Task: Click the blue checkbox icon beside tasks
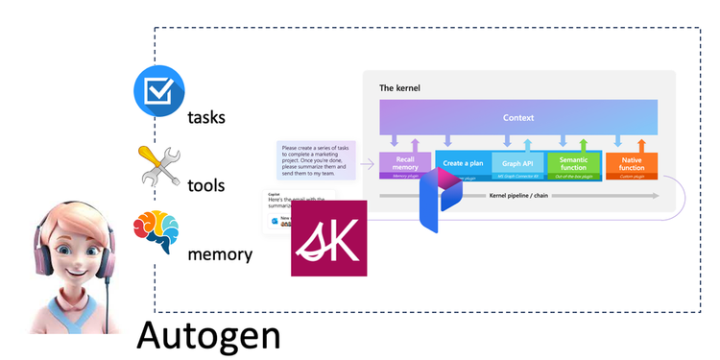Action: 157,93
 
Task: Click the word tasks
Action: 207,118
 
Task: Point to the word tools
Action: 206,185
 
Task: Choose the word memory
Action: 221,254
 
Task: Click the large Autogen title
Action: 208,335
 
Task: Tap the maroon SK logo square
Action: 328,238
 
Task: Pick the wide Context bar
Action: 518,117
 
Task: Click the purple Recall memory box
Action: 405,163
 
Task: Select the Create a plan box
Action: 463,162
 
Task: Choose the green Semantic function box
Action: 573,163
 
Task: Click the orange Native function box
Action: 631,163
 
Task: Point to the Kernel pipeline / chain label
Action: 518,196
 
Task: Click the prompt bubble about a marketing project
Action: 316,160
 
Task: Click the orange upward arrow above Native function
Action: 642,143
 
